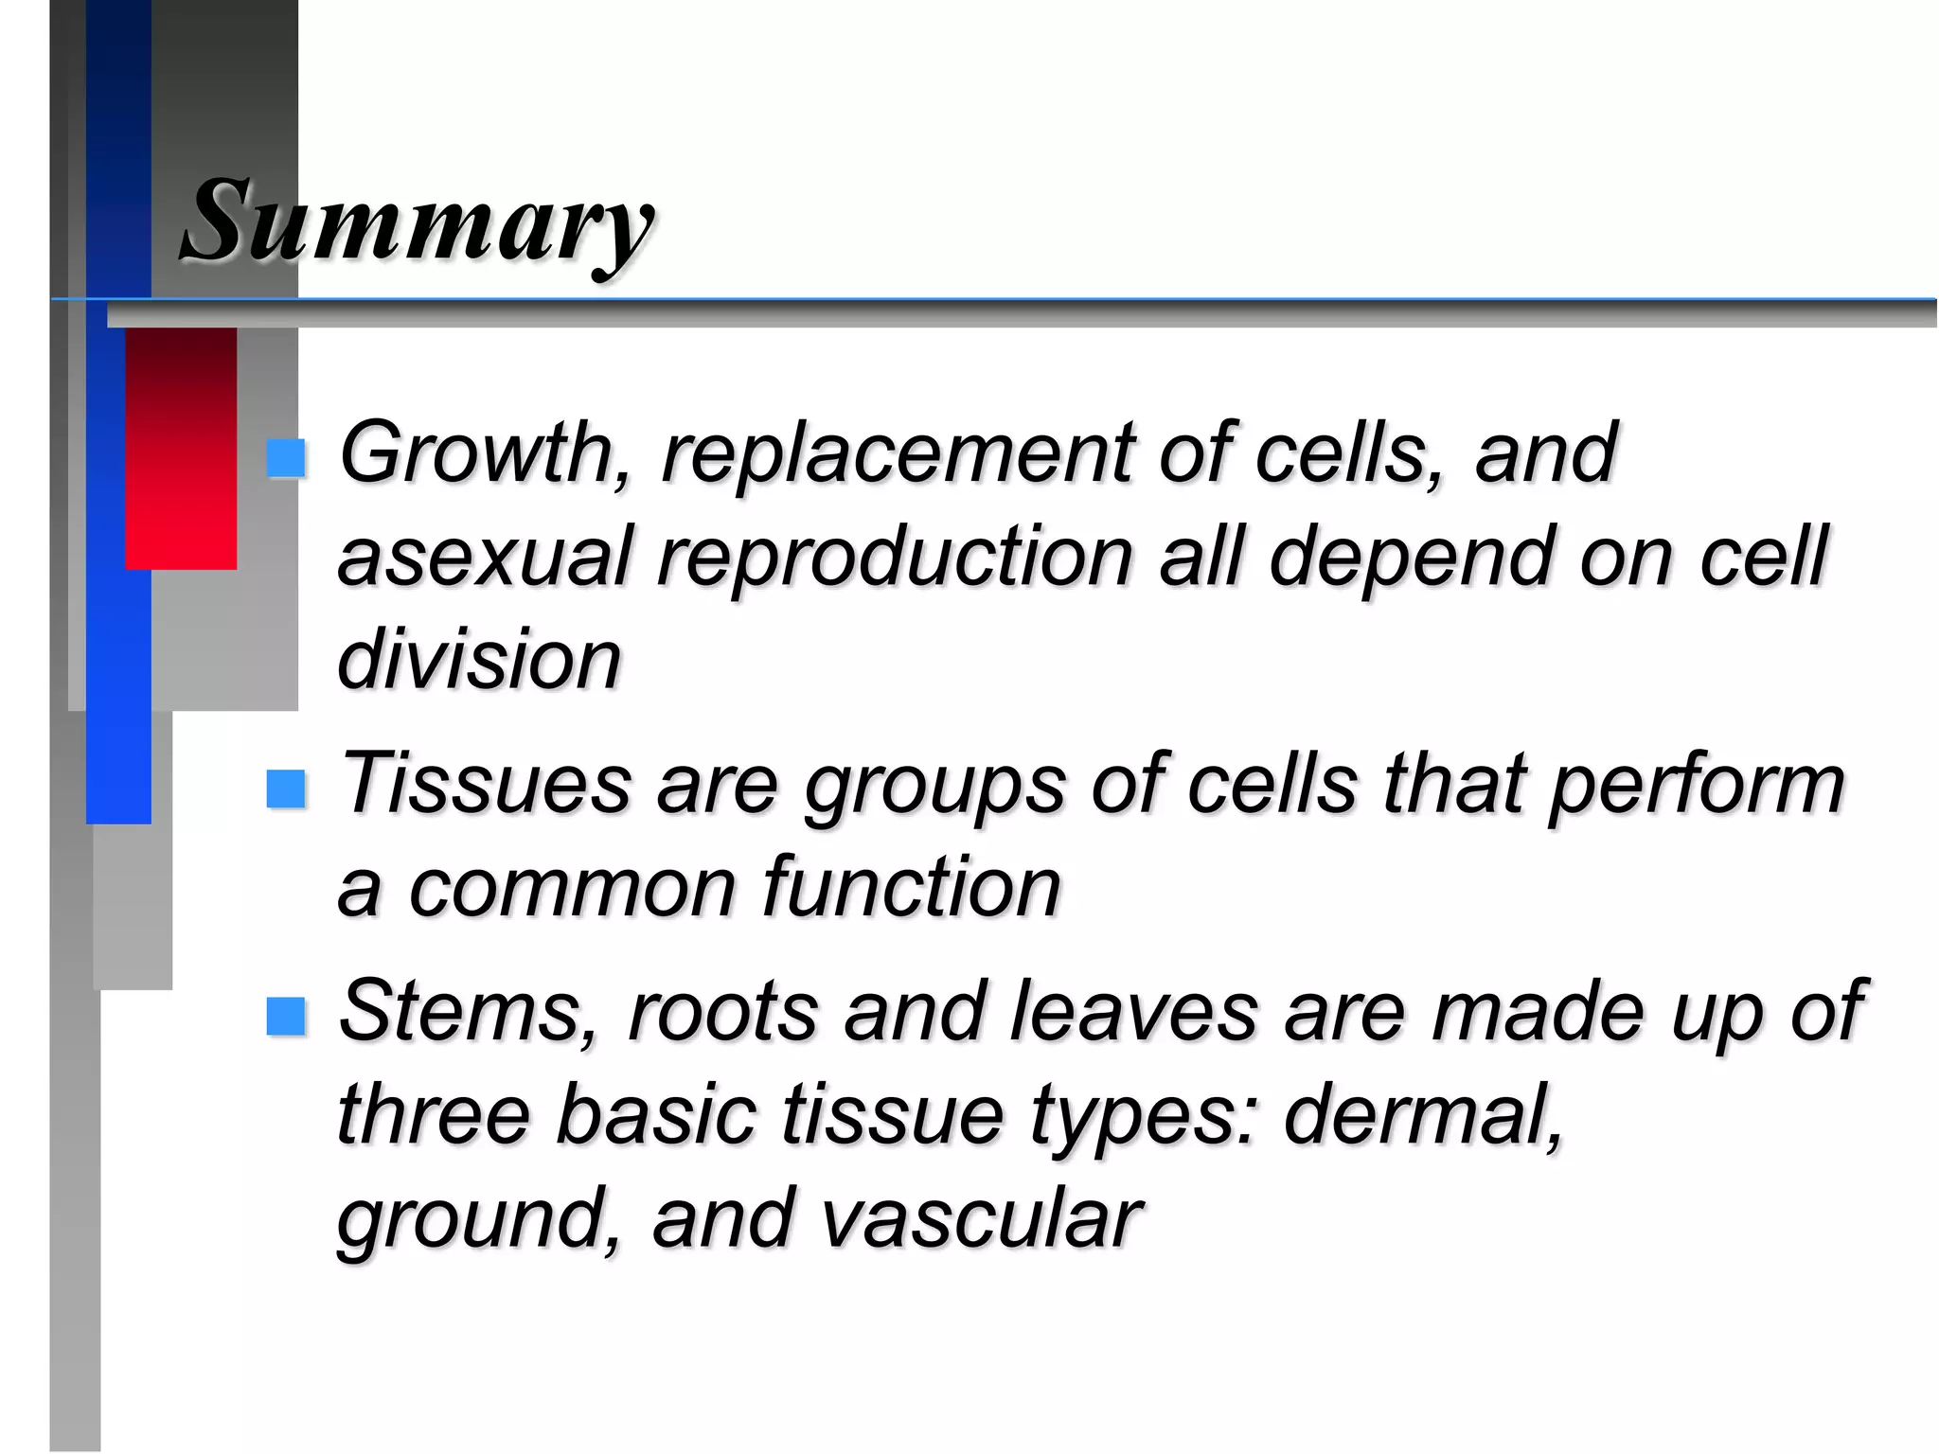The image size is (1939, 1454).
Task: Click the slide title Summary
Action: [417, 222]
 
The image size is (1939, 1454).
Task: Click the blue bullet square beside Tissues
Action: [286, 788]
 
